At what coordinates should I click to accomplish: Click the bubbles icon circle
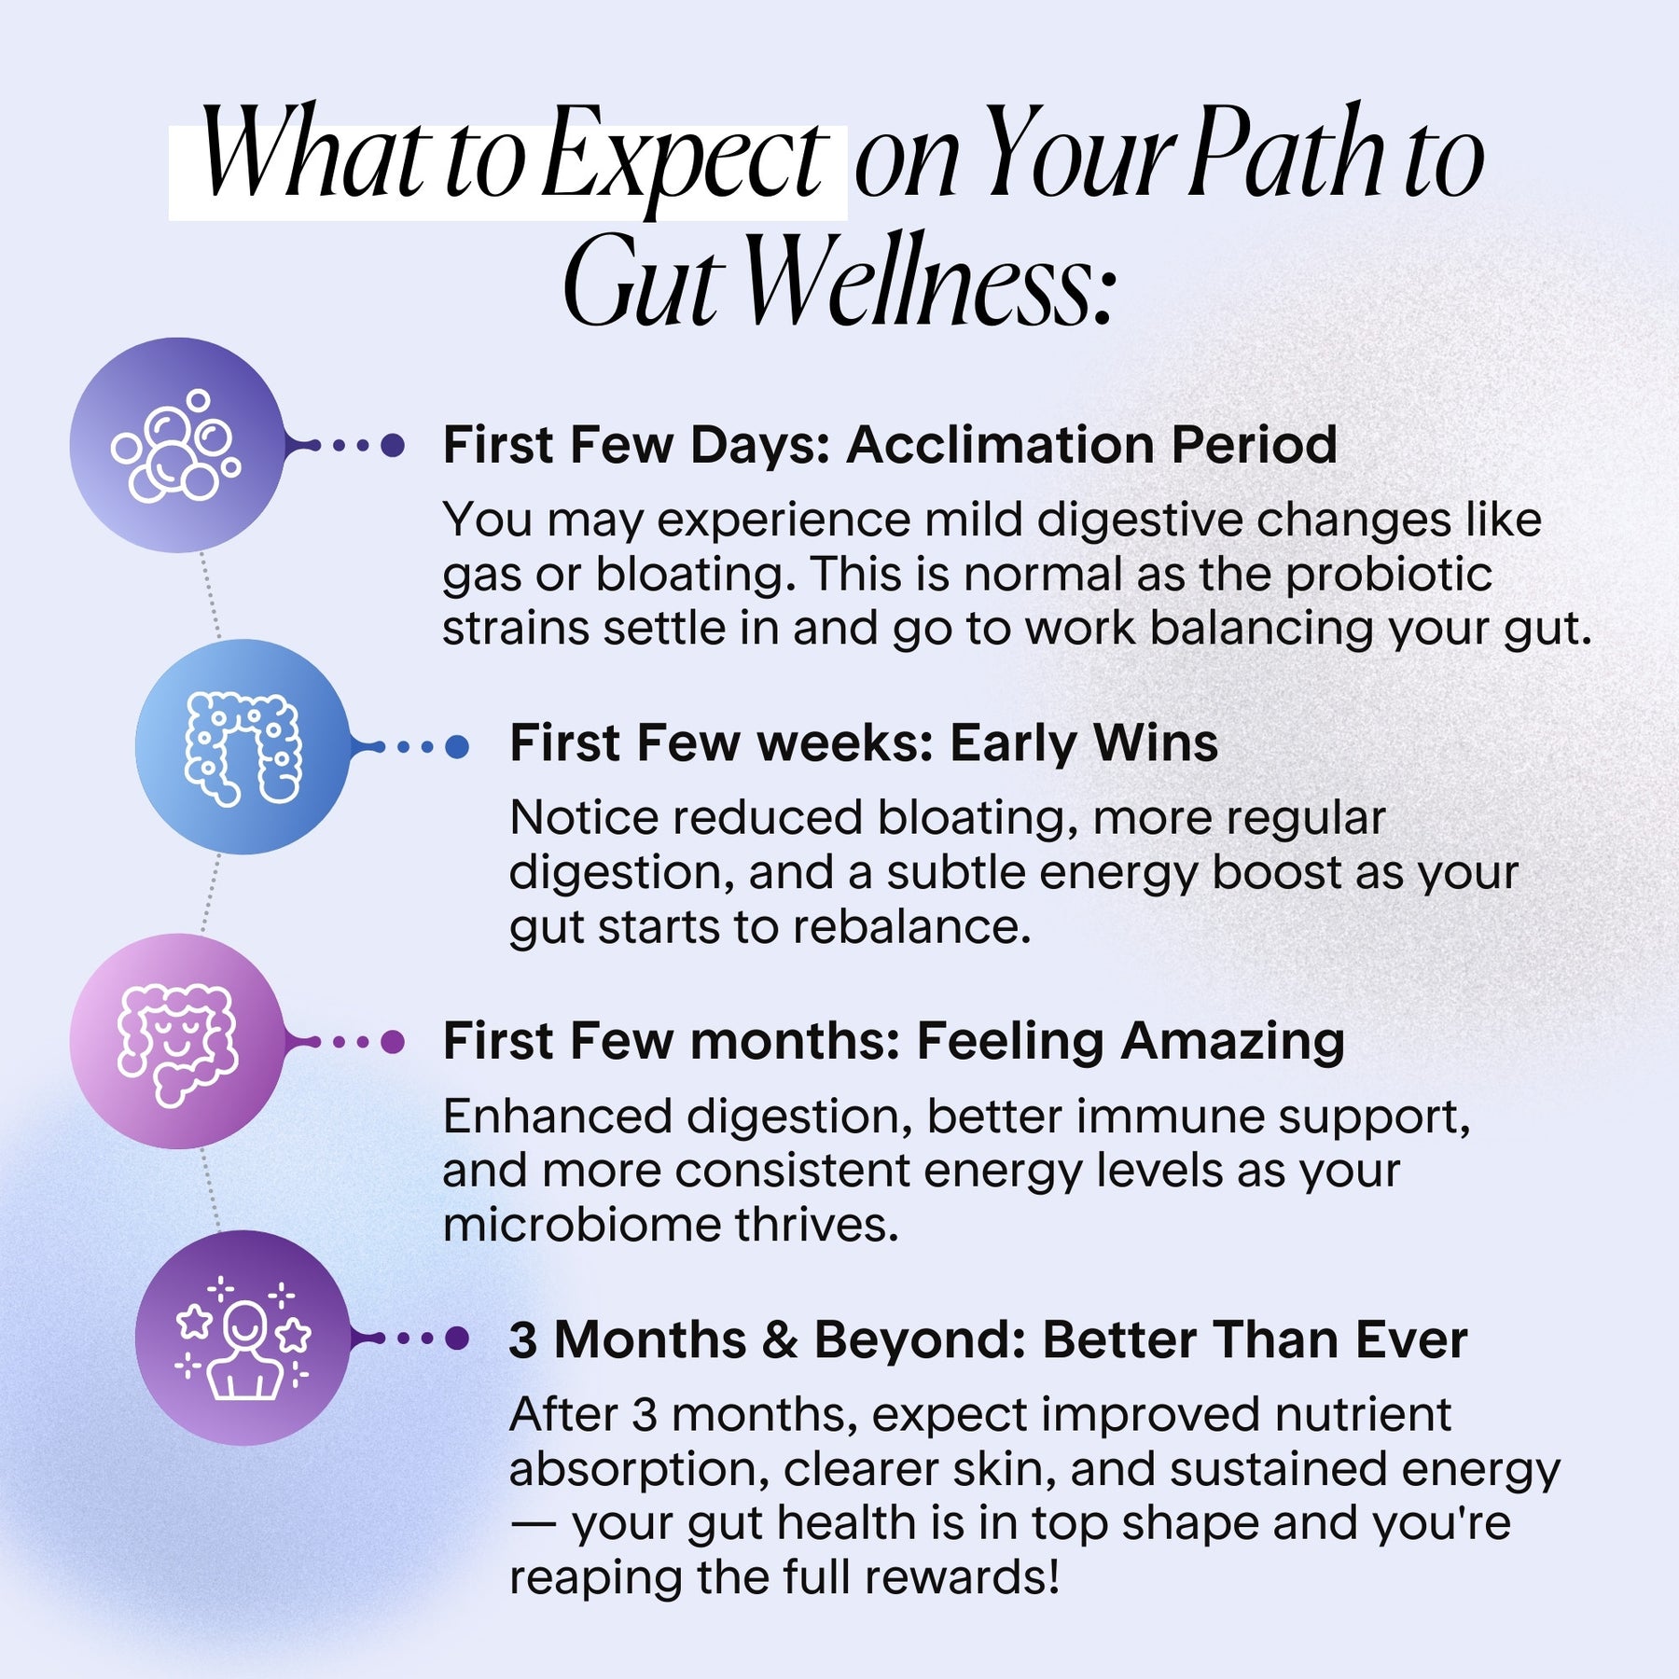point(177,445)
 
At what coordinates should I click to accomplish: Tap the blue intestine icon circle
point(243,746)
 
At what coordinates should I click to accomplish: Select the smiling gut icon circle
point(177,1041)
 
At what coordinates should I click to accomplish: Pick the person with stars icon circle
point(243,1338)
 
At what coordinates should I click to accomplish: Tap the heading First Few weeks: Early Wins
point(864,743)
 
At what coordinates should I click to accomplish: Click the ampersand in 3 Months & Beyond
point(780,1339)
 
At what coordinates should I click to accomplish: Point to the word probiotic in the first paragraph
point(1389,575)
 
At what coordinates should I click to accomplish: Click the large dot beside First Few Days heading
point(393,445)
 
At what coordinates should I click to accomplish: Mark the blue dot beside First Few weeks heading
point(457,746)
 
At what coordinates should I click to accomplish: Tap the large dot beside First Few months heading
point(393,1041)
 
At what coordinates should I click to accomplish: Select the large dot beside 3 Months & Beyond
point(457,1338)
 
